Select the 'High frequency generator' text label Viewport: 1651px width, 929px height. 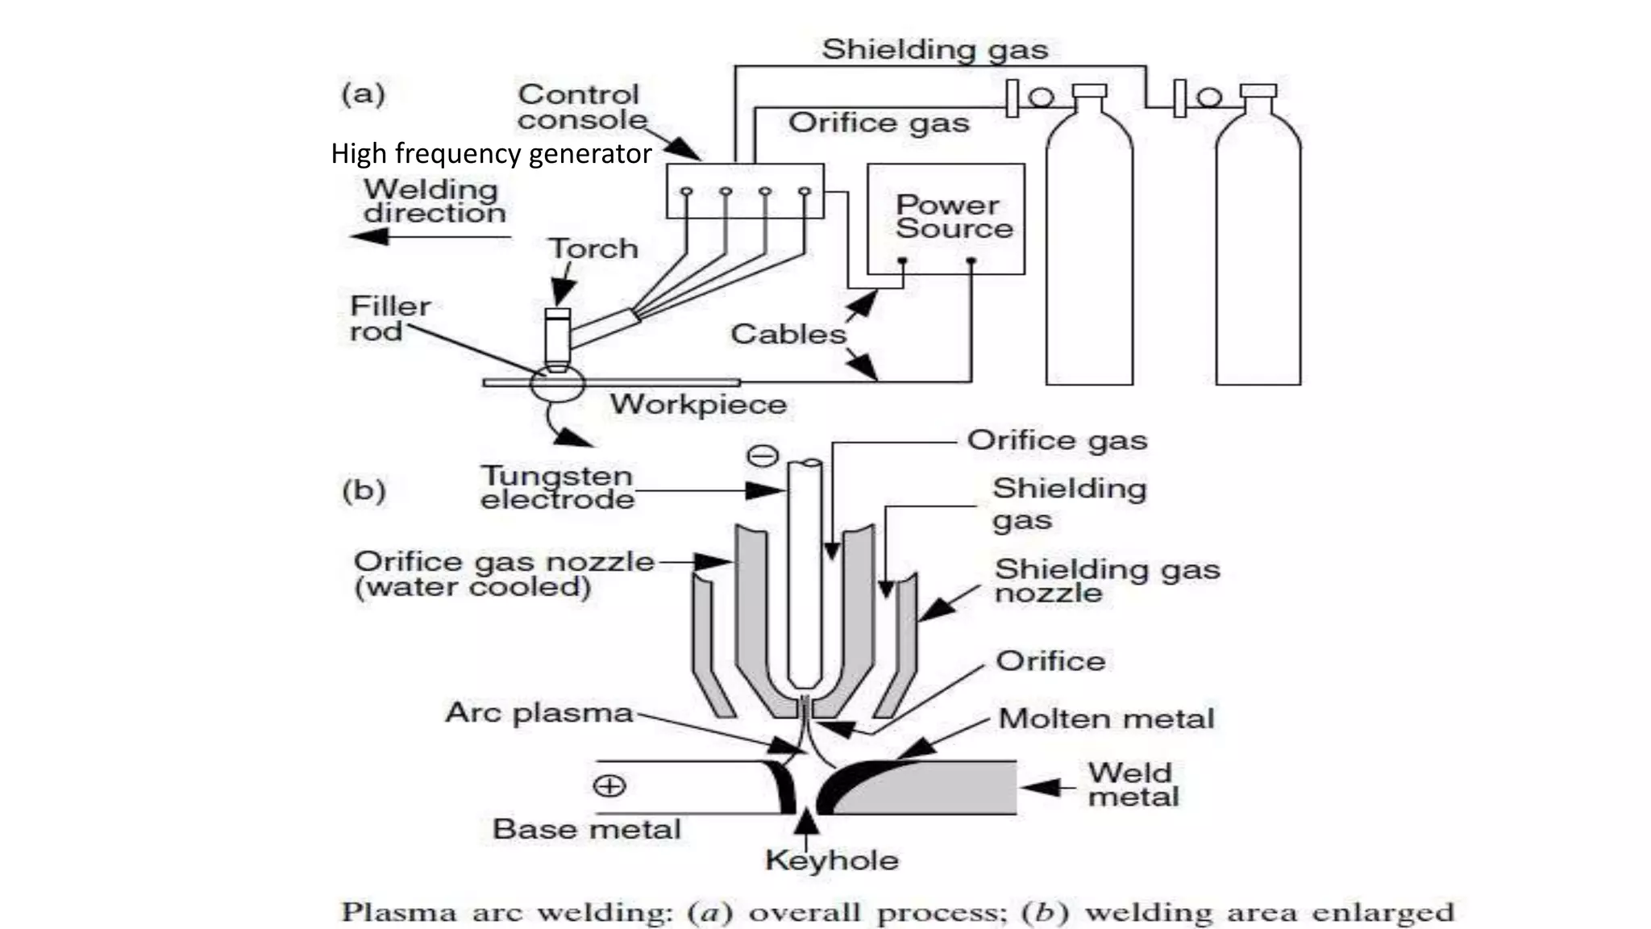pyautogui.click(x=490, y=153)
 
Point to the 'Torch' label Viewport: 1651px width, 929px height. pyautogui.click(x=593, y=248)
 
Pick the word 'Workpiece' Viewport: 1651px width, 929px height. pyautogui.click(x=697, y=404)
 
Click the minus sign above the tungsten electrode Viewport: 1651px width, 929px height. pyautogui.click(x=763, y=456)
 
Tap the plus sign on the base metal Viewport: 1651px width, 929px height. pyautogui.click(x=609, y=785)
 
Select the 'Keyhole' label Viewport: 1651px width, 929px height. pyautogui.click(x=831, y=860)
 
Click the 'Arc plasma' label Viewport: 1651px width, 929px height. pyautogui.click(x=539, y=713)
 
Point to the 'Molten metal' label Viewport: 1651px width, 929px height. pyautogui.click(x=1105, y=719)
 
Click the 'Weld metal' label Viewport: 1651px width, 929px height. pyautogui.click(x=1132, y=785)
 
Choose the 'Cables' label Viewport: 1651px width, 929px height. pyautogui.click(x=788, y=334)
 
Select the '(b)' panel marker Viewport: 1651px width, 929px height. pyautogui.click(x=364, y=490)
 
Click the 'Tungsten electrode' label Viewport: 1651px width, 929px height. pyautogui.click(x=556, y=487)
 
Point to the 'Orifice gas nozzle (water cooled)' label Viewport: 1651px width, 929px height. pyautogui.click(x=503, y=573)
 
